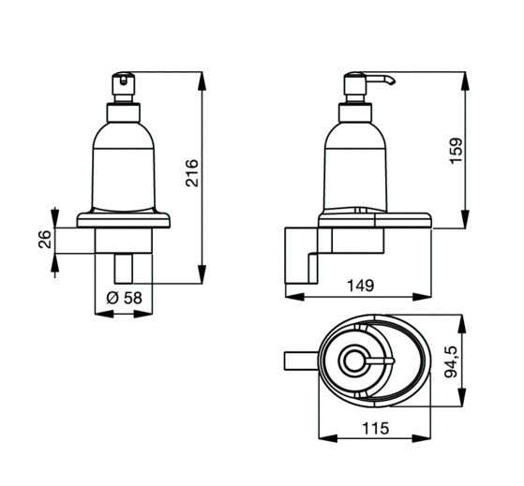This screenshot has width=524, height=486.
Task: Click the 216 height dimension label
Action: pyautogui.click(x=192, y=173)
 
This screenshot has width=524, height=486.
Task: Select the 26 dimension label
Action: pyautogui.click(x=45, y=239)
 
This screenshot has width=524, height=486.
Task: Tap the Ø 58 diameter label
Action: pyautogui.click(x=125, y=298)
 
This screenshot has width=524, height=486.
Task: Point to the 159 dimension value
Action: pyautogui.click(x=457, y=151)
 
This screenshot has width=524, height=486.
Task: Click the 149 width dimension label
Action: pyautogui.click(x=361, y=286)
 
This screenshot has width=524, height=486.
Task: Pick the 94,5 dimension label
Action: pyautogui.click(x=451, y=361)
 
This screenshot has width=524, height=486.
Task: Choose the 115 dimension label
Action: pyautogui.click(x=375, y=428)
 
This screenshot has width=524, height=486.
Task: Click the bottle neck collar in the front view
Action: pyautogui.click(x=124, y=112)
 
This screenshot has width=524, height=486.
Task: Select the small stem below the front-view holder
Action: pyautogui.click(x=124, y=269)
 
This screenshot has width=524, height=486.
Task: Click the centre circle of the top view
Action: pyautogui.click(x=352, y=361)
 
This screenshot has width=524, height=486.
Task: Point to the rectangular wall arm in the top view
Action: pyautogui.click(x=301, y=361)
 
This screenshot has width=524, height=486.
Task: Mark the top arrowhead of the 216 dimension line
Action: pyautogui.click(x=202, y=81)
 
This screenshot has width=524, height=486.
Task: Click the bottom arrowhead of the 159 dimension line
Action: pyautogui.click(x=465, y=220)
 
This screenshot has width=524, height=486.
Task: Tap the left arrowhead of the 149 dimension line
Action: pyautogui.click(x=295, y=297)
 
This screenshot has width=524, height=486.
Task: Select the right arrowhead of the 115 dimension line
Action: pyautogui.click(x=422, y=438)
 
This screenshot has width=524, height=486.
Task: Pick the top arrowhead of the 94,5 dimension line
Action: pyautogui.click(x=462, y=324)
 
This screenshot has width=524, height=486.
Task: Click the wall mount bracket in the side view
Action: pyautogui.click(x=308, y=256)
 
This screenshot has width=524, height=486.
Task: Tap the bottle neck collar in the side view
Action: pyautogui.click(x=355, y=112)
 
